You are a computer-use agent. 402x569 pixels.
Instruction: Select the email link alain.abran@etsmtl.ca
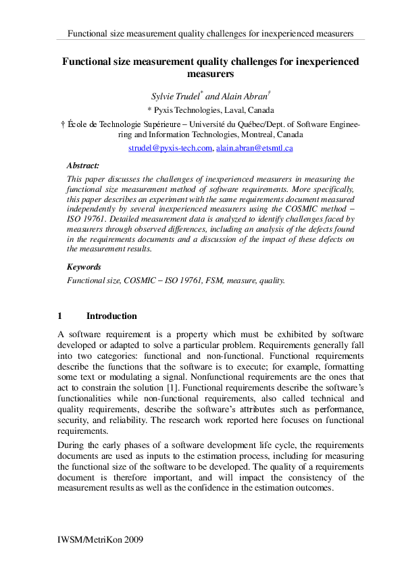(x=254, y=148)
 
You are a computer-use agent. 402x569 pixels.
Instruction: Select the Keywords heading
(x=84, y=267)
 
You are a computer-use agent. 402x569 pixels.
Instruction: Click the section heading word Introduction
(x=111, y=316)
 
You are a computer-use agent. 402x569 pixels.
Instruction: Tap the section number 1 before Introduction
(x=60, y=316)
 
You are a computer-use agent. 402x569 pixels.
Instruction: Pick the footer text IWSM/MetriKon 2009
(x=101, y=541)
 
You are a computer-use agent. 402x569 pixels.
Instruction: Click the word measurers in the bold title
(x=210, y=73)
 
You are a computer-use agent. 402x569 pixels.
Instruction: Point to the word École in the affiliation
(x=78, y=124)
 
